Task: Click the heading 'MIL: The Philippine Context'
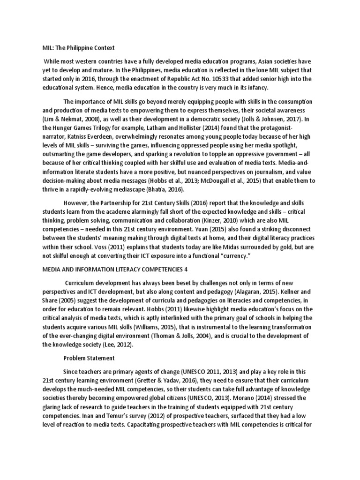pos(75,48)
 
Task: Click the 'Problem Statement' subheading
pos(89,359)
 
